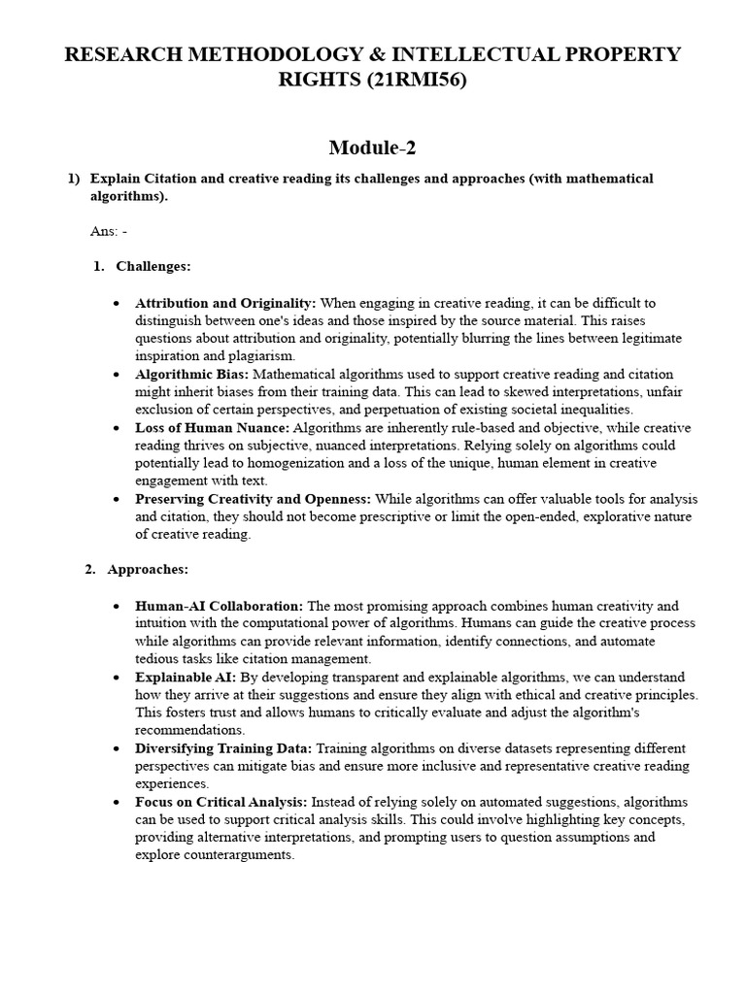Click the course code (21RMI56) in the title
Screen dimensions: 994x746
[416, 81]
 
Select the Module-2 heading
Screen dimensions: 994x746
[373, 148]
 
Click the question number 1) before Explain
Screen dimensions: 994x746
[73, 179]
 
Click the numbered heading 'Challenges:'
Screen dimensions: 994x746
[153, 266]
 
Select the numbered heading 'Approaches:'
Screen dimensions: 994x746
[148, 569]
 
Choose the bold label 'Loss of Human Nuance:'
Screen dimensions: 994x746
[213, 427]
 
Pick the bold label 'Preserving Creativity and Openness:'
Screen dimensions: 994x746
[254, 499]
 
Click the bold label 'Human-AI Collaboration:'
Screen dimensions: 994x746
[220, 606]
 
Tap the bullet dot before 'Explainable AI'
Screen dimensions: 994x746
[117, 678]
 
